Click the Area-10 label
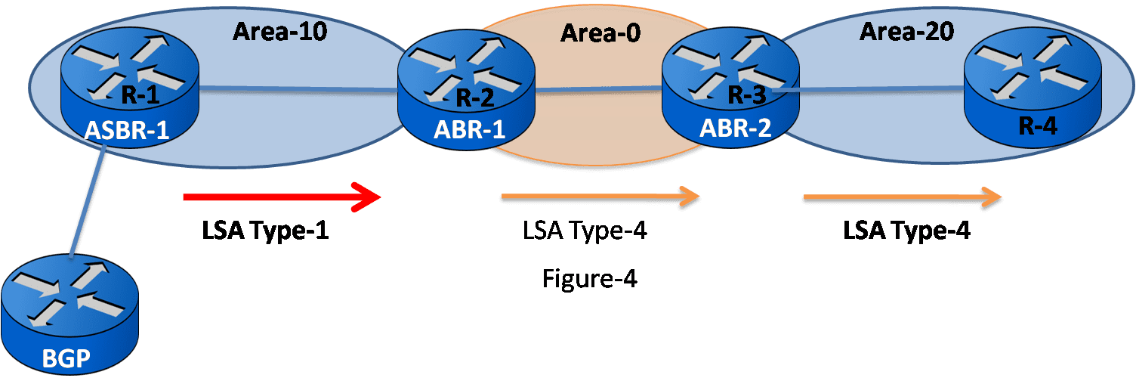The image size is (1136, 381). click(279, 33)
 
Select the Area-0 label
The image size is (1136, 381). click(596, 33)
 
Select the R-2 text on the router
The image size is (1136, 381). click(475, 97)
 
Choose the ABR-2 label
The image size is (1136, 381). click(735, 129)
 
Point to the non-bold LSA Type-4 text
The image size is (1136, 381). click(585, 230)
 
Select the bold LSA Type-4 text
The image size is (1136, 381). click(906, 231)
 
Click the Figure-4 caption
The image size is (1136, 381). click(590, 279)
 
